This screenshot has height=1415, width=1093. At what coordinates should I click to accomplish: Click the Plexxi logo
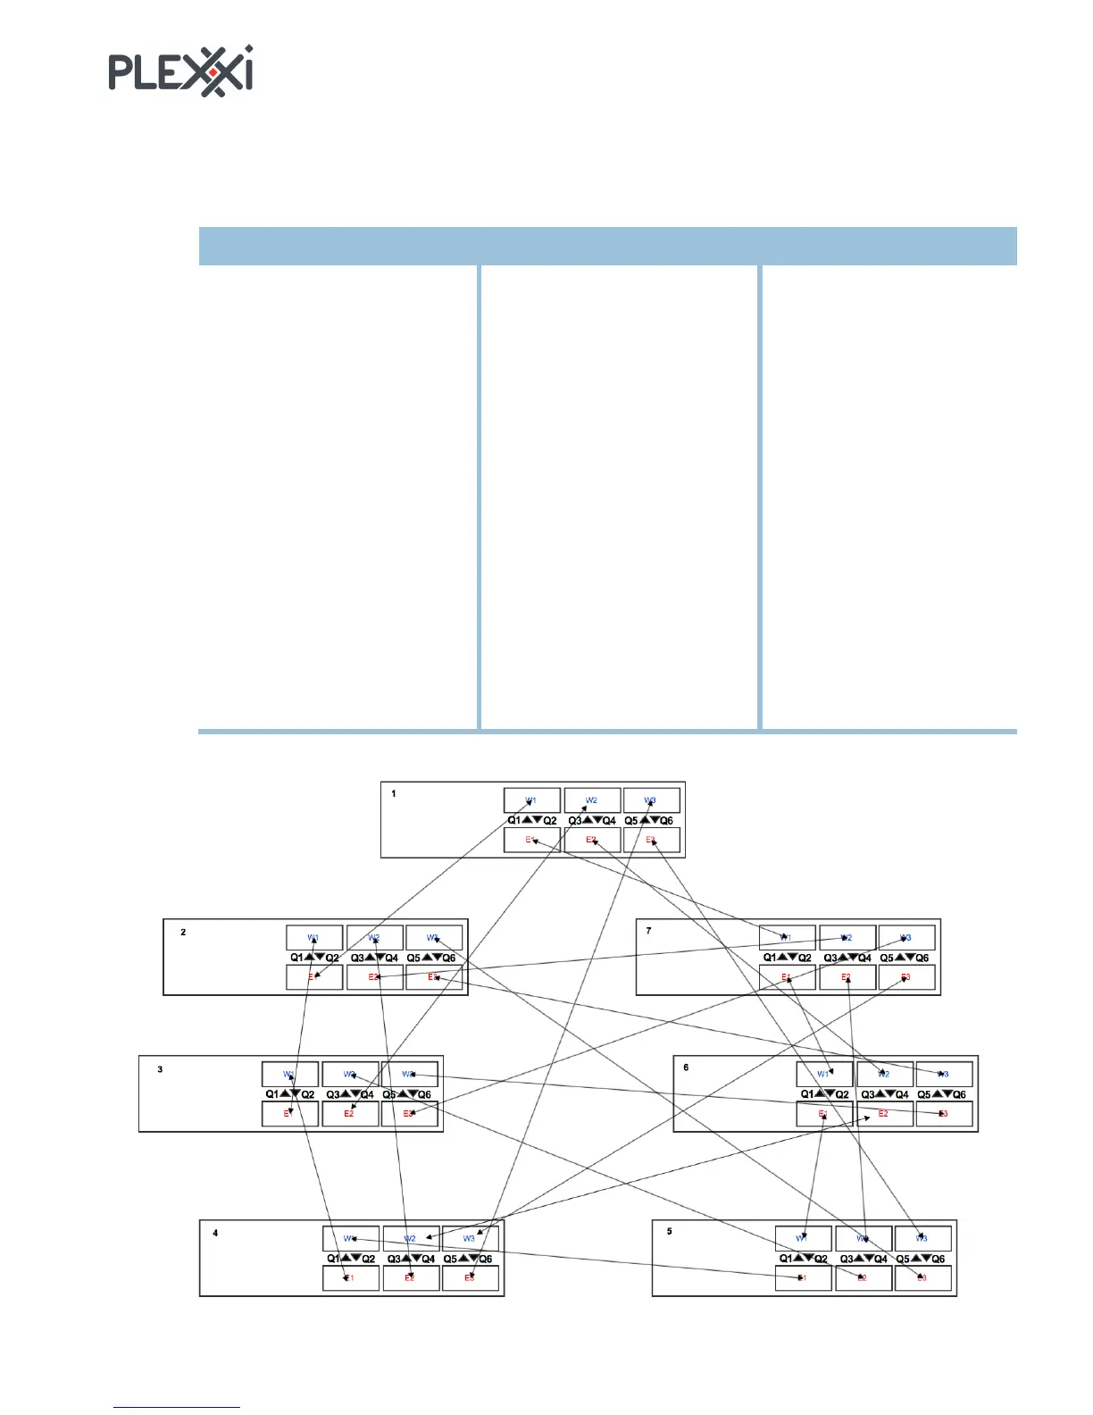click(180, 71)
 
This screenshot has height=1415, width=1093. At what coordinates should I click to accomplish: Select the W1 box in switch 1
click(531, 800)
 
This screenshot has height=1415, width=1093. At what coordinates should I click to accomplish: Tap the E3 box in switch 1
click(651, 840)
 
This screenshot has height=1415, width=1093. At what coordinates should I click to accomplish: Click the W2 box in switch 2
click(374, 937)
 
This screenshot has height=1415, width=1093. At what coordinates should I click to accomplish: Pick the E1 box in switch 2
click(313, 977)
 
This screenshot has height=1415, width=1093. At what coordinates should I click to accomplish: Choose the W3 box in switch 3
click(409, 1074)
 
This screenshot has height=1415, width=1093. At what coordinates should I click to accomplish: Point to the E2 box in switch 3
click(349, 1114)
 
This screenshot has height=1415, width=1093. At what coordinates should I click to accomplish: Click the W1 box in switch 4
click(350, 1238)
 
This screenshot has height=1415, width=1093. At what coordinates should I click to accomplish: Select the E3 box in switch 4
click(470, 1278)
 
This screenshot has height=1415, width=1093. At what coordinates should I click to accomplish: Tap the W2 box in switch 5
click(863, 1238)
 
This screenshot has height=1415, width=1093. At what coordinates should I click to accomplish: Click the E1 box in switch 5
click(802, 1278)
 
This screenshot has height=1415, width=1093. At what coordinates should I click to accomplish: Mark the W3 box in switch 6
click(943, 1074)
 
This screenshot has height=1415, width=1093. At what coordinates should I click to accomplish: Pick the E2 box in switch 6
click(883, 1114)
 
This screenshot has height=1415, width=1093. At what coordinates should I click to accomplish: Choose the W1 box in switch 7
click(786, 937)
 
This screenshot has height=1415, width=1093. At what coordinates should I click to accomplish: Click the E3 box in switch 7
click(905, 977)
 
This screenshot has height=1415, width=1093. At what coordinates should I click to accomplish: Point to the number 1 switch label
click(394, 793)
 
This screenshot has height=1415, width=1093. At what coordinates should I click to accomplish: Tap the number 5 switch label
click(670, 1231)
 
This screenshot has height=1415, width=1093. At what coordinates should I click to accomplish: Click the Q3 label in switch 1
click(575, 820)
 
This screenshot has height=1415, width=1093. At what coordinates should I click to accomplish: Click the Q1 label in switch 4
click(333, 1259)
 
